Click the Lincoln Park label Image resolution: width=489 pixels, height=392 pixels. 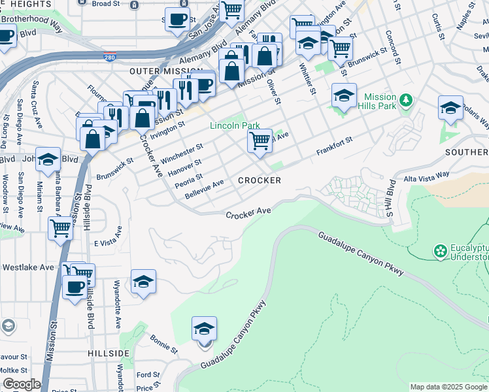[235, 125]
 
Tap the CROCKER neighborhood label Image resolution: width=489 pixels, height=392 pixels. [260, 180]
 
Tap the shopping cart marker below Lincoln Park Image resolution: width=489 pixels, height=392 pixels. [260, 140]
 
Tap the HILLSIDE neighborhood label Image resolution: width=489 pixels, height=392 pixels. [109, 353]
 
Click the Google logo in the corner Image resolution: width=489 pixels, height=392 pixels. [22, 384]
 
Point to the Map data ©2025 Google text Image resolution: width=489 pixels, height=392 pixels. [448, 387]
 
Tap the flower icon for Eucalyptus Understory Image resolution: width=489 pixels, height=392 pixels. [441, 250]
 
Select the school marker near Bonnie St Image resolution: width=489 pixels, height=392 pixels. [204, 329]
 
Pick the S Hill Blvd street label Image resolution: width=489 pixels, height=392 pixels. [390, 199]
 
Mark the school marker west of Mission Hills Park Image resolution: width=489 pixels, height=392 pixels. [344, 96]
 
